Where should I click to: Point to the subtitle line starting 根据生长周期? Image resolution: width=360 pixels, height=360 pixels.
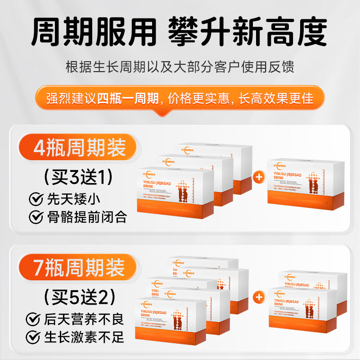[x=180, y=67]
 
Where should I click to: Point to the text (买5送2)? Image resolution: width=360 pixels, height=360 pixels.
[x=75, y=297]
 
